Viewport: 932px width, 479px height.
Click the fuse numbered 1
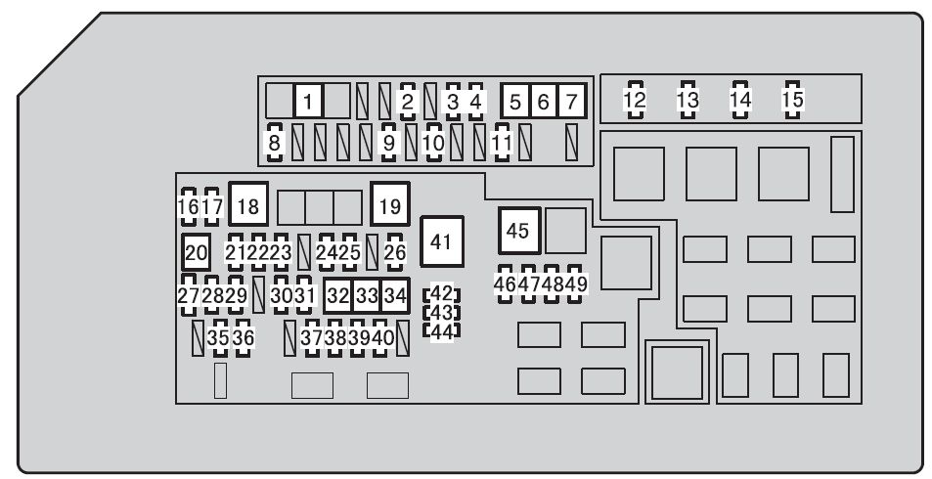coord(309,100)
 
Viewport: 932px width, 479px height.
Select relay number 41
coord(441,241)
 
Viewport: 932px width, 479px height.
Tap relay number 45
coord(517,231)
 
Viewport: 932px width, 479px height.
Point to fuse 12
coord(636,100)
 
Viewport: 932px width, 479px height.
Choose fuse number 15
coord(792,100)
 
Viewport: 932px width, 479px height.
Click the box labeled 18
coord(248,205)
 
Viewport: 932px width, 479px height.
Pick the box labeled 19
coord(390,205)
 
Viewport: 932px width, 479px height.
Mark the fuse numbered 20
coord(197,253)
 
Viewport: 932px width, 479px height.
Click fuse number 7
coord(572,100)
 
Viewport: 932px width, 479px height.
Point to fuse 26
coord(395,253)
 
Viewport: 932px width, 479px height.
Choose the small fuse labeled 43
coord(442,313)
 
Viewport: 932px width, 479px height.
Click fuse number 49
coord(575,283)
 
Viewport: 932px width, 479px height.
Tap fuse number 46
coord(505,283)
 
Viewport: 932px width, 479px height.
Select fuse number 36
coord(243,337)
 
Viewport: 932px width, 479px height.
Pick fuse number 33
coord(367,293)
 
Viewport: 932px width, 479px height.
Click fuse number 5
coord(516,100)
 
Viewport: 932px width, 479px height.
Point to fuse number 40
coord(381,337)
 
